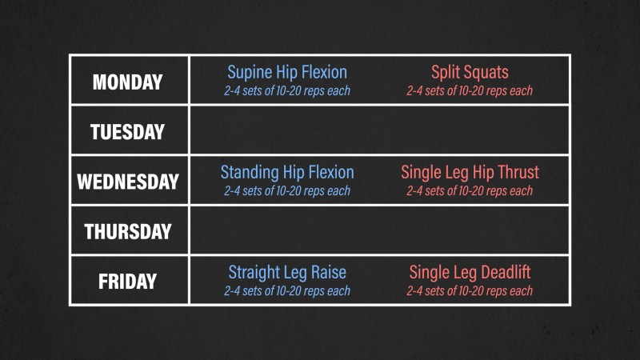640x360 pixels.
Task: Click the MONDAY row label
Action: click(128, 82)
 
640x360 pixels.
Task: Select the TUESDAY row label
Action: click(127, 132)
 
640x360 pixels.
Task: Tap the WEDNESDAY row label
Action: click(128, 182)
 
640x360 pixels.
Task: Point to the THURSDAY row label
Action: click(128, 231)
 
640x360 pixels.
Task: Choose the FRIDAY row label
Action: click(127, 282)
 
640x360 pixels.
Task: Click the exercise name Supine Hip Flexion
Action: click(287, 73)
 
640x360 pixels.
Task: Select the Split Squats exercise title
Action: click(470, 73)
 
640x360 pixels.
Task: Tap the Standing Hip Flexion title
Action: click(287, 173)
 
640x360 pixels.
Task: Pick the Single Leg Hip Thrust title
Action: click(470, 173)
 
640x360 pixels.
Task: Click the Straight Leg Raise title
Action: click(287, 273)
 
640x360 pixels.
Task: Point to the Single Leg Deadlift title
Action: click(470, 273)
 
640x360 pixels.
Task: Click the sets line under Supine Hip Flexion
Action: click(287, 90)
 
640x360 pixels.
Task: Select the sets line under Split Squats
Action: click(470, 90)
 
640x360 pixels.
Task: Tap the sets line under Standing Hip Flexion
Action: click(287, 190)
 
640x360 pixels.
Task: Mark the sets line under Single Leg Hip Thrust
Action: click(470, 190)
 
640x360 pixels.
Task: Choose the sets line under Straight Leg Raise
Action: click(287, 290)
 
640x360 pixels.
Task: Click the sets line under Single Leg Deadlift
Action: click(470, 290)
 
